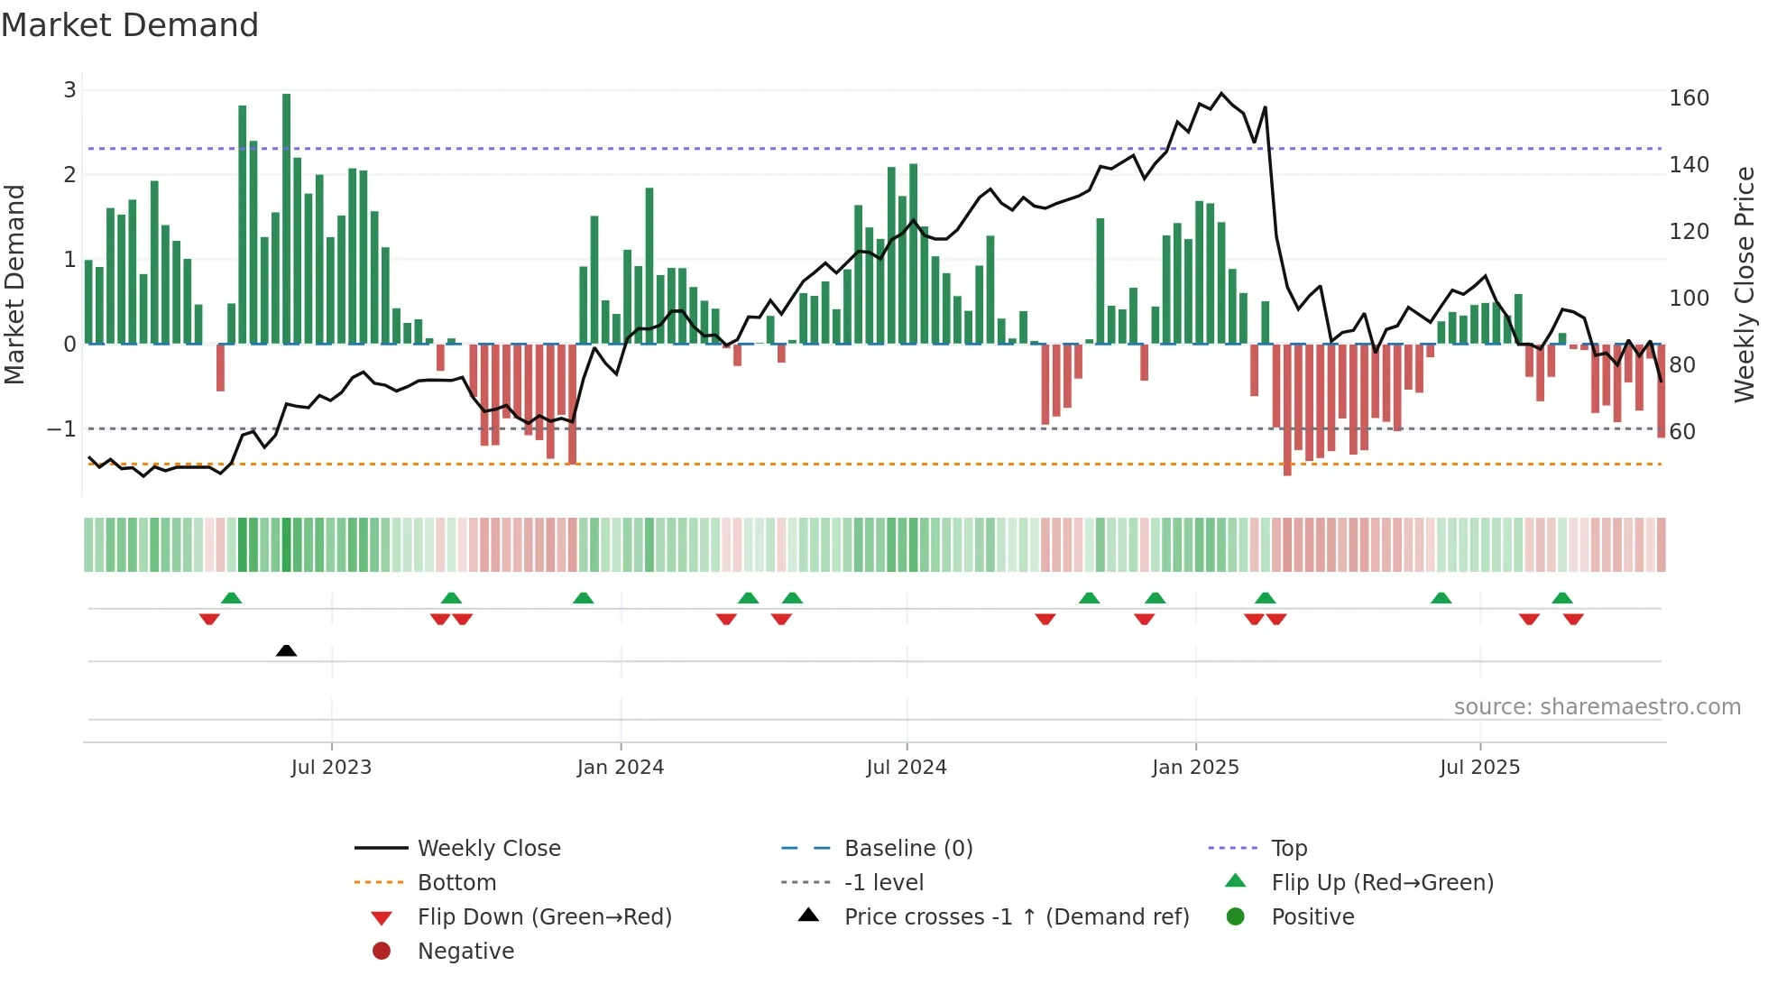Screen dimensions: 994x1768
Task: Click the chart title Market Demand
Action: [x=130, y=25]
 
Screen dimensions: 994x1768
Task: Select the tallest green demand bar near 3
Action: [x=286, y=216]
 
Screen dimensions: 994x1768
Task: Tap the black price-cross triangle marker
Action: [x=286, y=650]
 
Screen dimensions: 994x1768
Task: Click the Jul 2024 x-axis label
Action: [x=906, y=768]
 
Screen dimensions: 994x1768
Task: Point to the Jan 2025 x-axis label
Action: [x=1195, y=768]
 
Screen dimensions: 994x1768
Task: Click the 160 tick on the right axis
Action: [x=1689, y=97]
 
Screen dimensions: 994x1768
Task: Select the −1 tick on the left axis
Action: [x=61, y=429]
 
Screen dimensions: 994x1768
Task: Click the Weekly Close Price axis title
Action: [x=1745, y=284]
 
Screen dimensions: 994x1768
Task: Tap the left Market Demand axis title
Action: [x=14, y=284]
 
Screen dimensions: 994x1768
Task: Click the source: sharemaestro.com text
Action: [x=1597, y=707]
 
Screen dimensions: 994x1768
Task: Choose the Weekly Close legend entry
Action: [x=488, y=849]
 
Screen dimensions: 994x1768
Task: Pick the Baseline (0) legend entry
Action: [x=907, y=849]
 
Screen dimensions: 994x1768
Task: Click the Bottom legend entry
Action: [x=456, y=883]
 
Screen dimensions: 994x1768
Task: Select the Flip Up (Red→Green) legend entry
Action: [x=1382, y=883]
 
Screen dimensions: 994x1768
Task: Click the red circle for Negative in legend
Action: [x=382, y=952]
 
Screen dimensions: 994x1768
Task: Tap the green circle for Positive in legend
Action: [x=1236, y=917]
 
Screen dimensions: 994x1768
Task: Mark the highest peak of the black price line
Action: [x=1221, y=93]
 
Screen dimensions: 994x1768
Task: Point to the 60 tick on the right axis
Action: [x=1682, y=432]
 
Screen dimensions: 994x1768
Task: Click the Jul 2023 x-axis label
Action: [x=331, y=768]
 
